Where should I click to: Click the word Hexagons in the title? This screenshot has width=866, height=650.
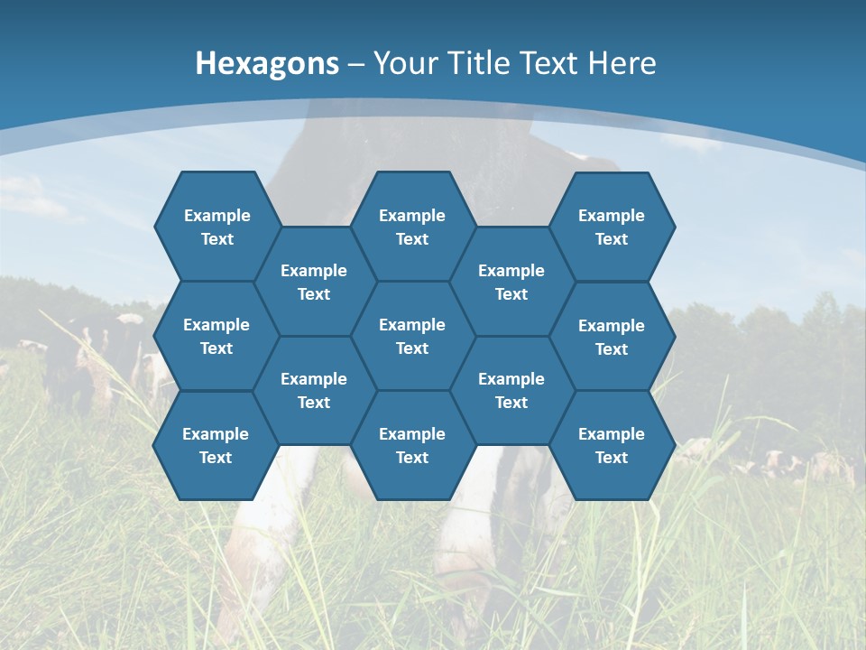pyautogui.click(x=267, y=63)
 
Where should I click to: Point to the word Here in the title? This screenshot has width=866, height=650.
pyautogui.click(x=622, y=63)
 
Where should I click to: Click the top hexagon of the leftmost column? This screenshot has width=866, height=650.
pyautogui.click(x=216, y=227)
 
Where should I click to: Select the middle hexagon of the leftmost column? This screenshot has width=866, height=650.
pyautogui.click(x=216, y=336)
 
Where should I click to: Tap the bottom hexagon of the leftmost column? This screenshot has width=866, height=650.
pyautogui.click(x=216, y=445)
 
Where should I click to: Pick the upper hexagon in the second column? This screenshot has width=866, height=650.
pyautogui.click(x=313, y=282)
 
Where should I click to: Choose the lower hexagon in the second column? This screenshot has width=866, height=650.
pyautogui.click(x=313, y=390)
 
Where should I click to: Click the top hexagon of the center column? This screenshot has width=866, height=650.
pyautogui.click(x=412, y=227)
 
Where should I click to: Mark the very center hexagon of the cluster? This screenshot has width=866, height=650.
pyautogui.click(x=412, y=336)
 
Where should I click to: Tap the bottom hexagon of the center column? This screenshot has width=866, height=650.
pyautogui.click(x=412, y=445)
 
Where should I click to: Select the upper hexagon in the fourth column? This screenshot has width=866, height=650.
pyautogui.click(x=511, y=282)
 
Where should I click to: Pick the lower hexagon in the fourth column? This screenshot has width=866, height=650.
pyautogui.click(x=511, y=390)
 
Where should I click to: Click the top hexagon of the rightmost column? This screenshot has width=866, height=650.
pyautogui.click(x=612, y=227)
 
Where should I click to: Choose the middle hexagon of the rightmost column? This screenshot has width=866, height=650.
pyautogui.click(x=612, y=337)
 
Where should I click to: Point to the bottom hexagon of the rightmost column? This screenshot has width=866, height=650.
pyautogui.click(x=612, y=445)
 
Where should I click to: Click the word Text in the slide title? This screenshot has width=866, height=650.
pyautogui.click(x=550, y=63)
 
